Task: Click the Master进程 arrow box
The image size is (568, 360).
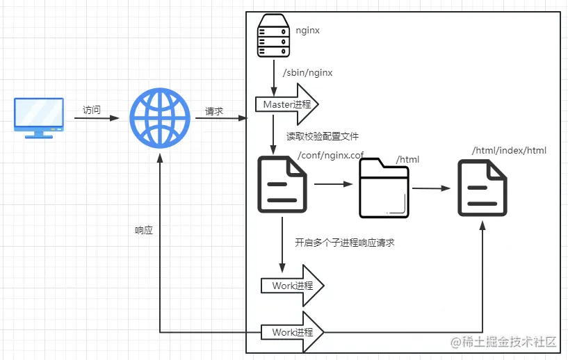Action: click(x=287, y=105)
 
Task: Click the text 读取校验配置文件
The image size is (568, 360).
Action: click(x=323, y=136)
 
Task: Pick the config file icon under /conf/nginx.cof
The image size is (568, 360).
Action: click(x=282, y=183)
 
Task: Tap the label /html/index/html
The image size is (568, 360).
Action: click(x=509, y=150)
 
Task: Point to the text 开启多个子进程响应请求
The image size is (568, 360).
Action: click(x=345, y=243)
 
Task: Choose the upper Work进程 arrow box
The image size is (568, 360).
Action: click(x=292, y=286)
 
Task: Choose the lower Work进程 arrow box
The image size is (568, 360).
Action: click(x=292, y=332)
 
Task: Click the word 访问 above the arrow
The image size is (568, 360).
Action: click(x=92, y=110)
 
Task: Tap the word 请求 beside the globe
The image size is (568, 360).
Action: click(x=214, y=111)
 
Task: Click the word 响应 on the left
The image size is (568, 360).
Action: click(x=144, y=230)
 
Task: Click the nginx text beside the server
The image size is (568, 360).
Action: click(x=307, y=31)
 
